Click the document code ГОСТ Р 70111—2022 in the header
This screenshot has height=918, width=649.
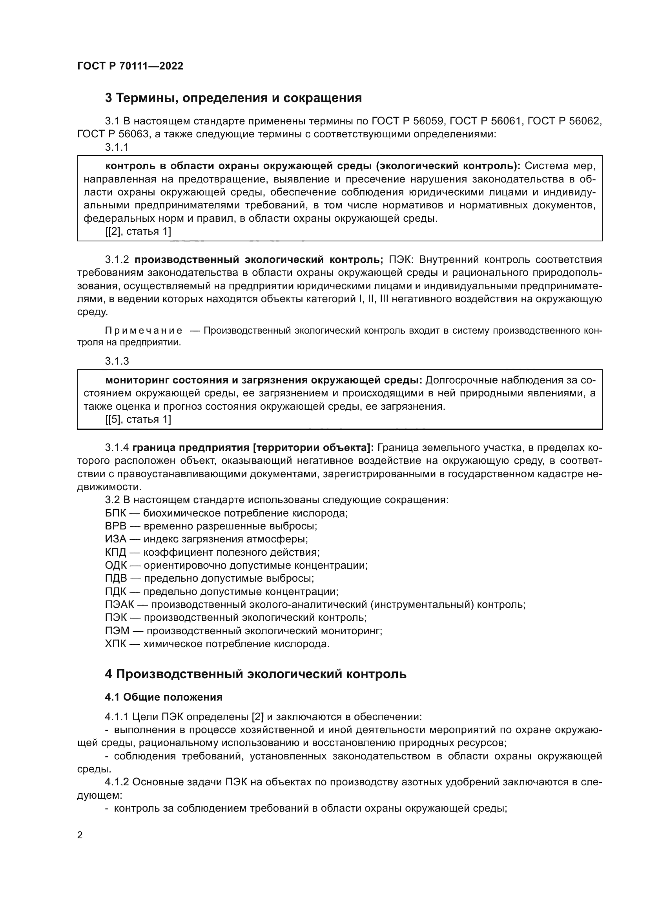click(x=130, y=66)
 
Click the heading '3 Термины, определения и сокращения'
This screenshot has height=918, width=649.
click(x=233, y=98)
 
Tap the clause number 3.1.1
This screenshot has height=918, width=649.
click(x=117, y=147)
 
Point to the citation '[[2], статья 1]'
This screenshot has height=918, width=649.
click(x=138, y=232)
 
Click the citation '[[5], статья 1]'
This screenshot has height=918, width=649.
click(x=138, y=420)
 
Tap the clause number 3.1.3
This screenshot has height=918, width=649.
click(x=117, y=361)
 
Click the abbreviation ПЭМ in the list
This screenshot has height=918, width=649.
click(x=117, y=631)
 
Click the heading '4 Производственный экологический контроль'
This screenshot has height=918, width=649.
click(x=255, y=674)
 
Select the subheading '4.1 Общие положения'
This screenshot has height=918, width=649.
click(x=164, y=697)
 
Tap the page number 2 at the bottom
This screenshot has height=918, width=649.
click(x=80, y=835)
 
